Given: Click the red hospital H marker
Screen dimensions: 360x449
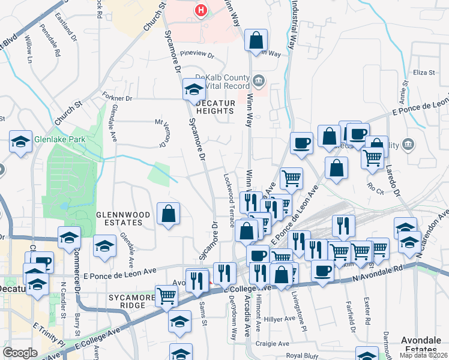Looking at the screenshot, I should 201,10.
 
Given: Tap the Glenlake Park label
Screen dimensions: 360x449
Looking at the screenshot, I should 61,140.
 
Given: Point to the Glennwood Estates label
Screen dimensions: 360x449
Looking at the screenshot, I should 119,218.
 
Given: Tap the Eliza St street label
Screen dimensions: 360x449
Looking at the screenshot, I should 423,73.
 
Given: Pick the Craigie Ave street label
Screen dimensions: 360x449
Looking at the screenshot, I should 271,344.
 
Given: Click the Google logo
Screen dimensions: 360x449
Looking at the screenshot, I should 20,353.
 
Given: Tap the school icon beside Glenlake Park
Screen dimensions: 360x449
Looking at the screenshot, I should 21,142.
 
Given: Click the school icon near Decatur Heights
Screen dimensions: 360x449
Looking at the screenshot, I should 194,89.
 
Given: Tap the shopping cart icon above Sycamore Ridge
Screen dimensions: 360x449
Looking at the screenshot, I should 166,295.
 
